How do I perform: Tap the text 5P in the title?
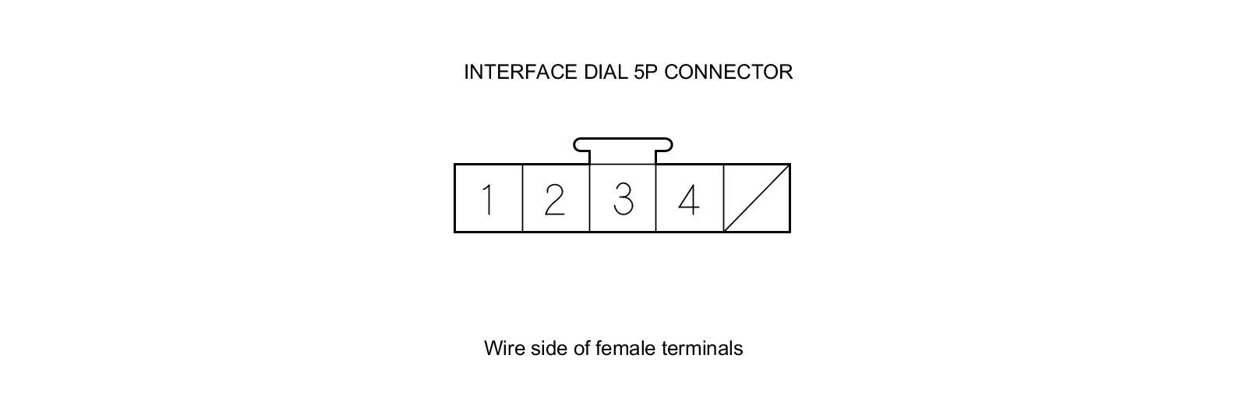click(646, 72)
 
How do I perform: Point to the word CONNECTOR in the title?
click(729, 72)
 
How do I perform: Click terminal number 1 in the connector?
click(488, 199)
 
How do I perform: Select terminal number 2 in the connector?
click(554, 199)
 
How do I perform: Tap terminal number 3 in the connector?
click(623, 199)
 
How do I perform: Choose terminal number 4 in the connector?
click(688, 199)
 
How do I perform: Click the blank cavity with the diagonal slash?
click(757, 198)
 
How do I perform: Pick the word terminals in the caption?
click(702, 348)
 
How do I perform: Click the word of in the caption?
click(582, 348)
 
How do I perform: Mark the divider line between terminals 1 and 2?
click(522, 198)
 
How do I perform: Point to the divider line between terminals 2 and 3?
click(589, 198)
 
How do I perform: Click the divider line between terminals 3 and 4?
click(656, 198)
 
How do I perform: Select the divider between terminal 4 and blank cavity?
click(723, 198)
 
